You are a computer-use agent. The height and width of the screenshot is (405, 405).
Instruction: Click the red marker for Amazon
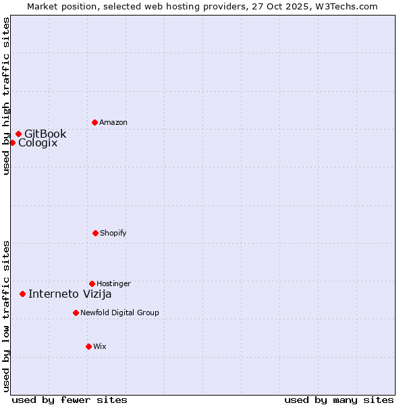[94, 122]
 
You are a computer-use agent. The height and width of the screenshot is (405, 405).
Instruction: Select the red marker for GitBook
[18, 134]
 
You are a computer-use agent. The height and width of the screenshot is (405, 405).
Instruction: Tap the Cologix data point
[12, 142]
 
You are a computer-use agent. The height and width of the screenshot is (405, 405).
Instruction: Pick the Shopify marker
[95, 233]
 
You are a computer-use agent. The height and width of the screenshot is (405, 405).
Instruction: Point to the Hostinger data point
[92, 283]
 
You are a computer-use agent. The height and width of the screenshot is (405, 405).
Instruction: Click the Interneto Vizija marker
[22, 294]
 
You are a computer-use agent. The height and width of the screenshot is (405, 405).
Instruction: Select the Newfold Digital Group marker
[76, 313]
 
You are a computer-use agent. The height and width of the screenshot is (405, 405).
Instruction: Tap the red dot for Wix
[88, 346]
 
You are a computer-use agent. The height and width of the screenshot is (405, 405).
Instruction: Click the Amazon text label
[113, 122]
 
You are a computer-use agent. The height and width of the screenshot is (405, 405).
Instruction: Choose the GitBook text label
[45, 134]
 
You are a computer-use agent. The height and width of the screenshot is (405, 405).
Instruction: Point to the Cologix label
[38, 142]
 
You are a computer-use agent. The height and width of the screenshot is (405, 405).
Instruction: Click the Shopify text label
[113, 233]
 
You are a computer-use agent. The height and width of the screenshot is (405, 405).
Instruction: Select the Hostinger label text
[113, 283]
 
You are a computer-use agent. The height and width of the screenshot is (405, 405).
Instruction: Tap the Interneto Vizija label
[70, 294]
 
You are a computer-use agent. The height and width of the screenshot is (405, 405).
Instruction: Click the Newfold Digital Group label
[119, 313]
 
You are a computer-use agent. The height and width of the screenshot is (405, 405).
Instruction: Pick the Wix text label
[100, 346]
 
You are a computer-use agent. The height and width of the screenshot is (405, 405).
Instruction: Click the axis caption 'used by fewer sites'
[70, 400]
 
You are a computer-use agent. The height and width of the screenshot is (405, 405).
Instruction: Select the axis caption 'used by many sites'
[339, 400]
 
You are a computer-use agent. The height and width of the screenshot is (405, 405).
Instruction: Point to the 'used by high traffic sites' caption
[6, 96]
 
